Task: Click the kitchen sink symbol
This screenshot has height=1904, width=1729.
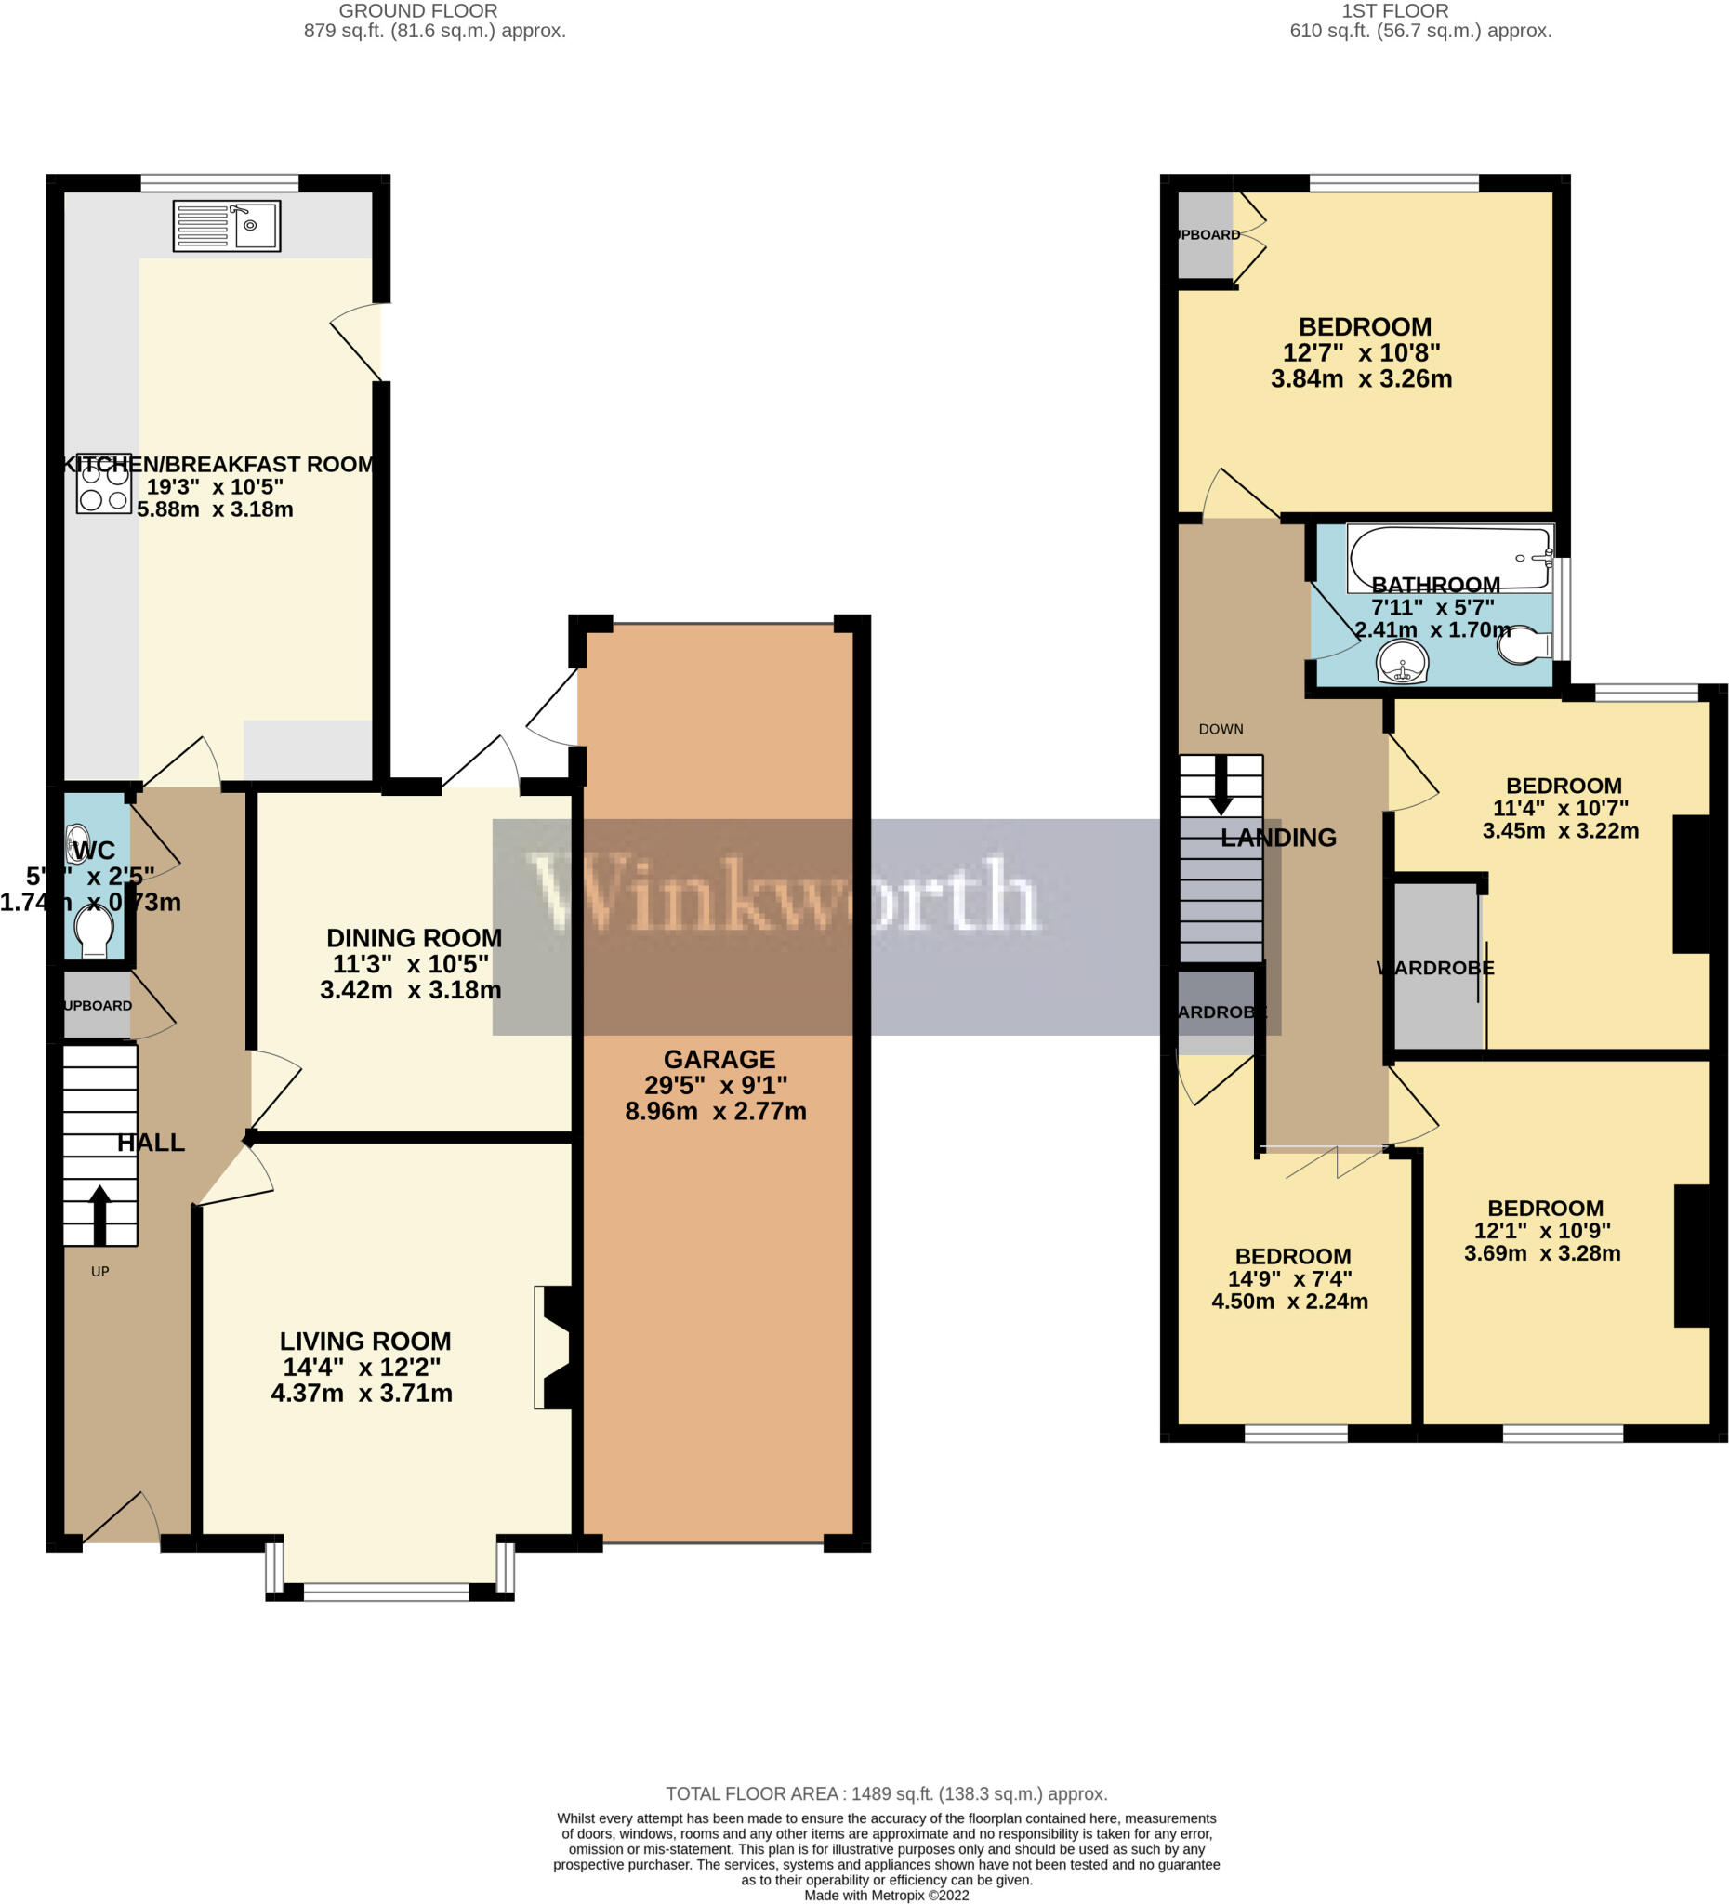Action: (227, 226)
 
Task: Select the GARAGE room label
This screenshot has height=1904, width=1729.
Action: (719, 1059)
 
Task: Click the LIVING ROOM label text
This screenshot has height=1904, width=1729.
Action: (364, 1342)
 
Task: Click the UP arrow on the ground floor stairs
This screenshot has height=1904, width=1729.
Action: (99, 1214)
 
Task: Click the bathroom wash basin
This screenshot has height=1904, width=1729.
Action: (1403, 661)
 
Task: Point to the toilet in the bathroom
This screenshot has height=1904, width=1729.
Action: (1526, 646)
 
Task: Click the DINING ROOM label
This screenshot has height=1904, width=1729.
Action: (414, 938)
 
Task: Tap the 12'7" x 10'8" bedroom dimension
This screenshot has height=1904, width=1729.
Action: (1361, 352)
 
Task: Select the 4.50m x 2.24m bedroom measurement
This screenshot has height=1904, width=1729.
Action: (1290, 1302)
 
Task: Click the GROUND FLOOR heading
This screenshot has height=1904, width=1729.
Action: (417, 11)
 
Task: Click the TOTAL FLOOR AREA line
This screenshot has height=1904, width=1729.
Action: (886, 1793)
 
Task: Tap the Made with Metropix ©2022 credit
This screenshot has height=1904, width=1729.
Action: (886, 1895)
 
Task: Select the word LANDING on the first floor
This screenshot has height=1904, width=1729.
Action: (1277, 838)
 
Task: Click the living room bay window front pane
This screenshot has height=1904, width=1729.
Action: (386, 1593)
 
